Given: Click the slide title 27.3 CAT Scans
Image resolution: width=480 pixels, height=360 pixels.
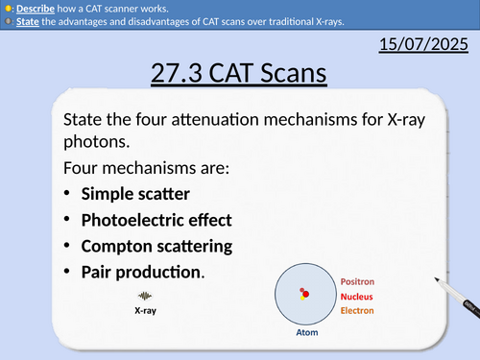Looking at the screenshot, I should pyautogui.click(x=239, y=73).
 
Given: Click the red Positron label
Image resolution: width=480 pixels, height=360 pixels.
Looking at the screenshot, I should pyautogui.click(x=360, y=281).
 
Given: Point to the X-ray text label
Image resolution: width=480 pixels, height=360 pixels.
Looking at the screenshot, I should pyautogui.click(x=146, y=311).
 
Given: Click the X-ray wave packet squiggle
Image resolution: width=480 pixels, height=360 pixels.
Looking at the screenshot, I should pyautogui.click(x=146, y=296).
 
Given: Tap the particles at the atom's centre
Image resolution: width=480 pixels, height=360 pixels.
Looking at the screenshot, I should pyautogui.click(x=304, y=293).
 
